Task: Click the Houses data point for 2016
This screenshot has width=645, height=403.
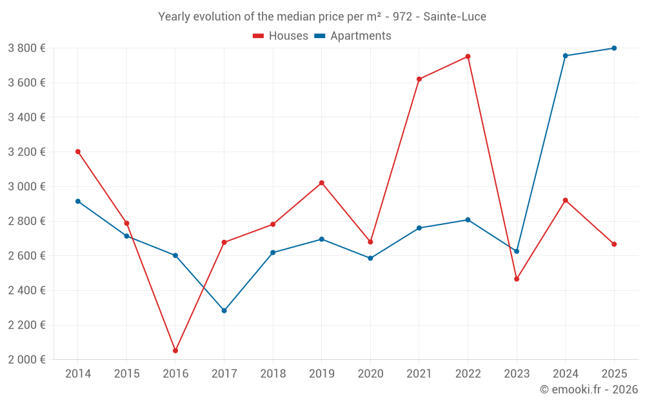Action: (x=175, y=351)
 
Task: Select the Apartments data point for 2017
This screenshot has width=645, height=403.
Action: (x=224, y=311)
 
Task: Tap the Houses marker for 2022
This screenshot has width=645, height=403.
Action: (x=468, y=57)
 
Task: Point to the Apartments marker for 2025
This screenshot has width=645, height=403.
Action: (x=614, y=48)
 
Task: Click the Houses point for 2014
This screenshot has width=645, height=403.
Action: (x=78, y=152)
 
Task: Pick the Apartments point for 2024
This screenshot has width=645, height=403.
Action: (x=565, y=56)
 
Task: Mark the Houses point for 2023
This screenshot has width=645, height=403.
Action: (x=517, y=279)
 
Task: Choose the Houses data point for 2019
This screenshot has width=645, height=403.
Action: (x=321, y=183)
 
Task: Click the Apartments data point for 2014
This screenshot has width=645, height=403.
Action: (x=78, y=201)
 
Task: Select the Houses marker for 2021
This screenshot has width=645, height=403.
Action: (x=419, y=79)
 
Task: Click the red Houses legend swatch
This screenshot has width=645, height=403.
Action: (x=259, y=36)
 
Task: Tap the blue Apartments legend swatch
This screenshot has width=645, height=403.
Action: (x=319, y=36)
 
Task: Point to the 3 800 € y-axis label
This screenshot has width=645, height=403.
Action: (x=26, y=48)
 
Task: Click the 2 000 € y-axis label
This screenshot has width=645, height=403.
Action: (x=26, y=360)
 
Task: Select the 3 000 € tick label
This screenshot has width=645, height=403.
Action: (x=26, y=186)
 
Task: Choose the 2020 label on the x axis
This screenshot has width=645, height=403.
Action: (x=370, y=374)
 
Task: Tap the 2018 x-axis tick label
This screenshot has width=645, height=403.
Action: (x=273, y=374)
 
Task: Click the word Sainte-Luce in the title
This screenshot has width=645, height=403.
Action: (x=455, y=17)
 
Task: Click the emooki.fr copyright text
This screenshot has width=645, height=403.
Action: (x=588, y=389)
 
